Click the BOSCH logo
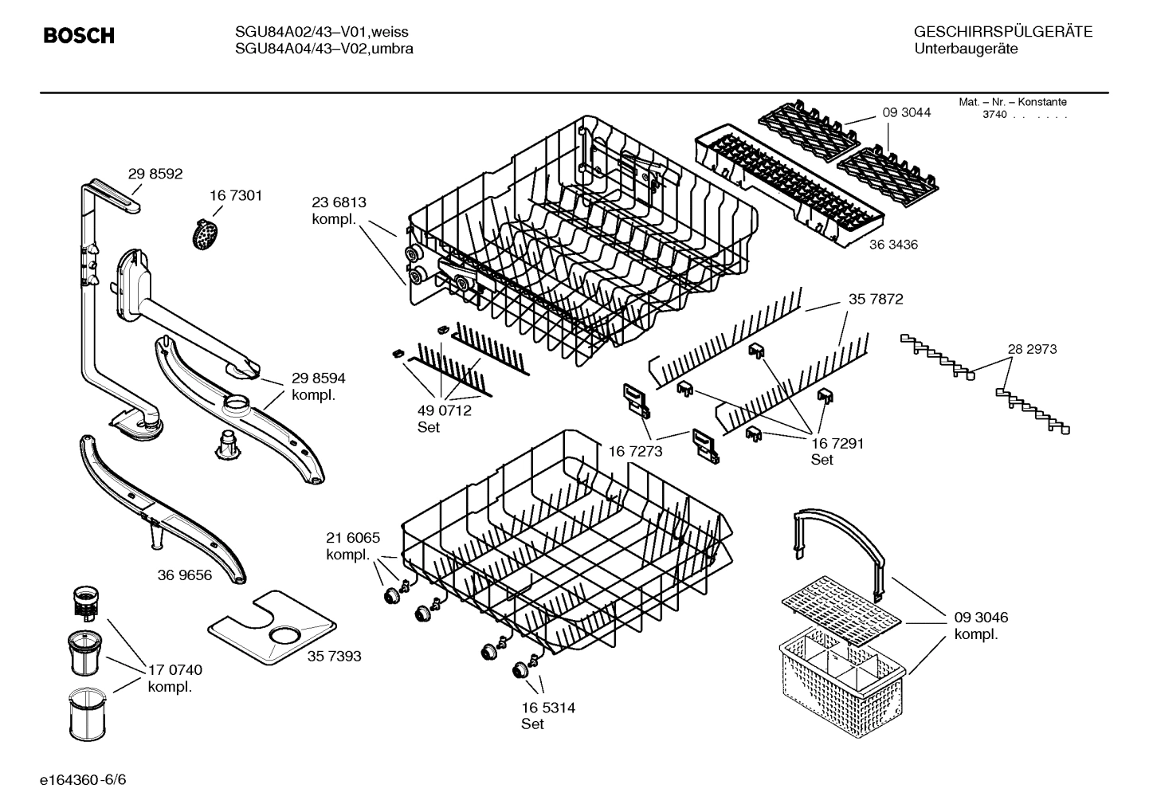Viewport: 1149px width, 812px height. coord(78,36)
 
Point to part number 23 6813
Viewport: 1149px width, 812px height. coord(339,202)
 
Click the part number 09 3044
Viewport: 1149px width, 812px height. coord(906,112)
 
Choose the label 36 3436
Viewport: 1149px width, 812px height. coord(893,245)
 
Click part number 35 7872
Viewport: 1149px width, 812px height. coord(876,300)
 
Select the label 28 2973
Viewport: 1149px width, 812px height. coord(1032,349)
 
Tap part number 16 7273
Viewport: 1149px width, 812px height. coord(635,452)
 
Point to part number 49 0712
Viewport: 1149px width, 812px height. coord(444,410)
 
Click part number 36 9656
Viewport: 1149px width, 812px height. coord(185,575)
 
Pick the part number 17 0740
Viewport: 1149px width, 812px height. coord(175,670)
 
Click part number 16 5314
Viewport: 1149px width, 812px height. coord(548,708)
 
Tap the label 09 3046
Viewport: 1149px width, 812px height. coord(981,618)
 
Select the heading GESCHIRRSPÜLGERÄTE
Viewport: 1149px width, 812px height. coord(1002,32)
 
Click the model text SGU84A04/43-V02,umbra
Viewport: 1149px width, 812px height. coord(324,49)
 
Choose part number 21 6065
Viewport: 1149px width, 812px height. coord(353,538)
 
